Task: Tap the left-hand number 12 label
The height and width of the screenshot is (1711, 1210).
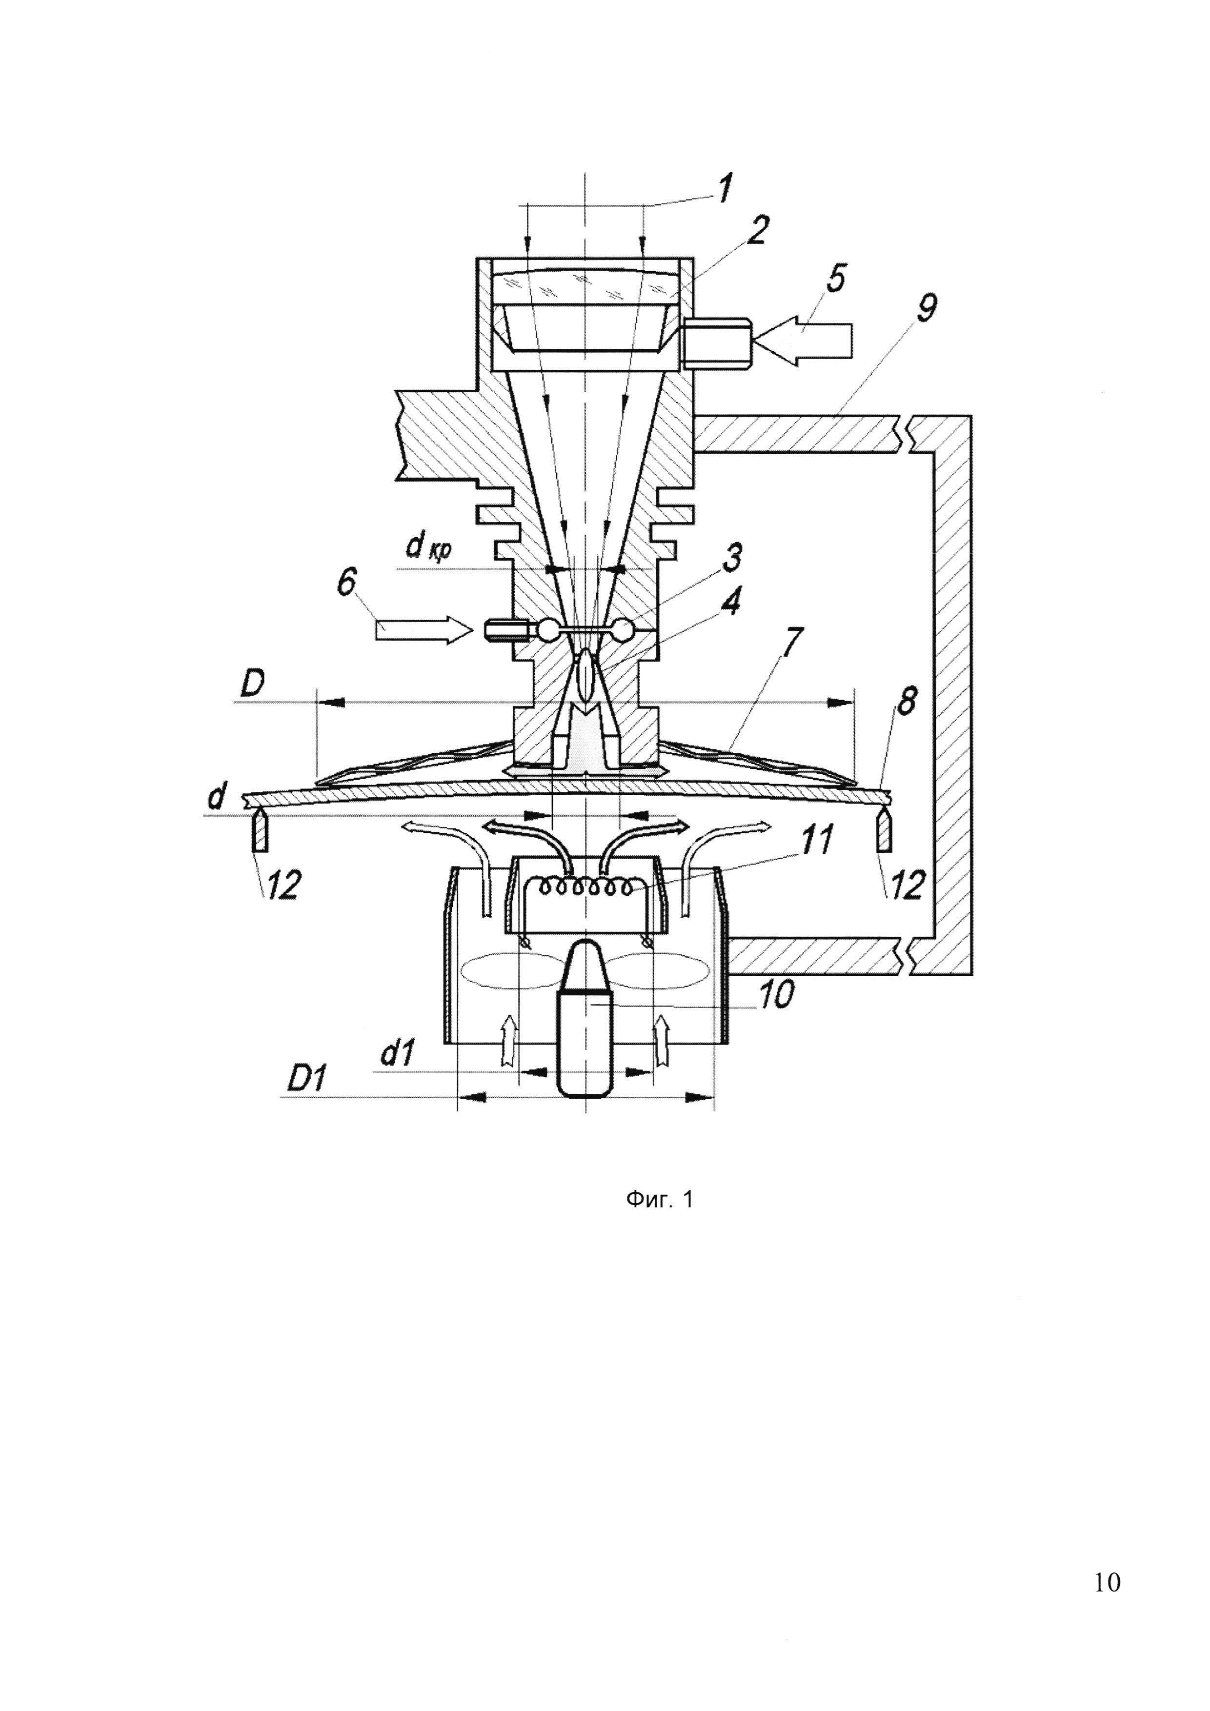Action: pyautogui.click(x=281, y=886)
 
